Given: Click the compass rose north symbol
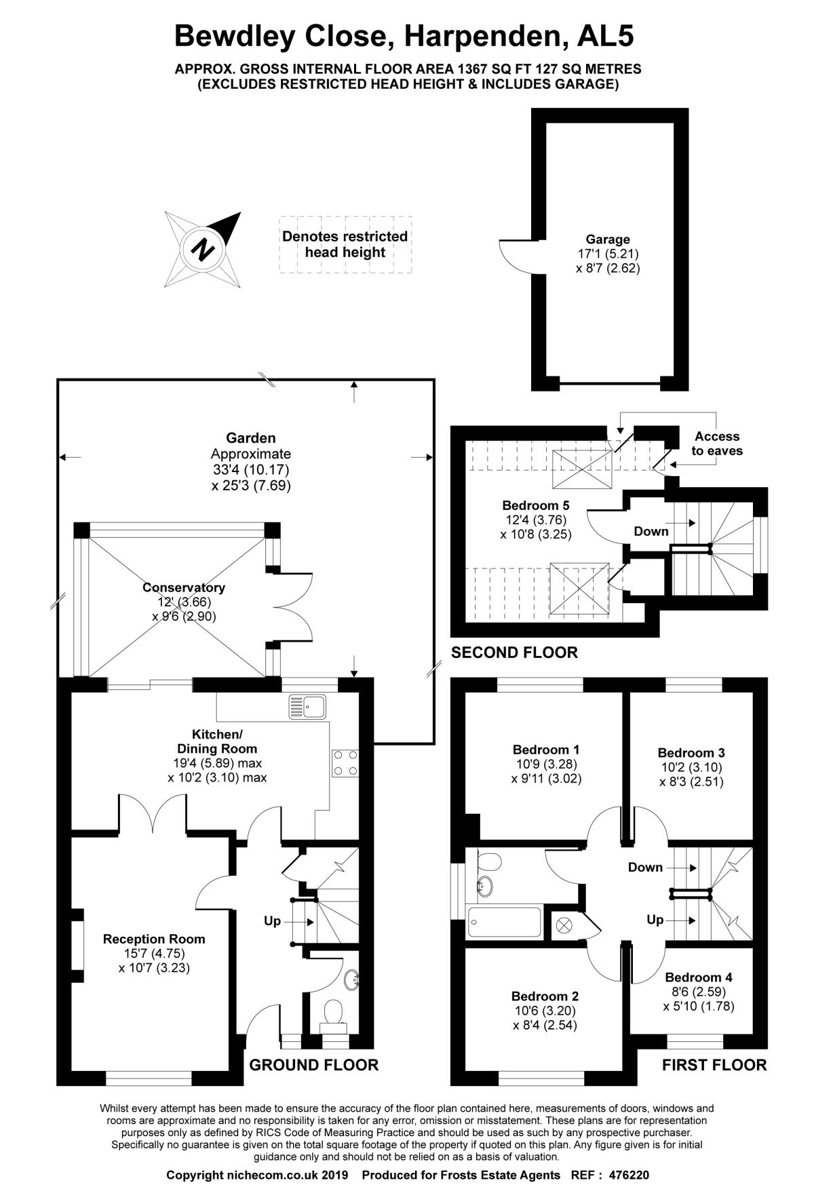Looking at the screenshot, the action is point(202,249).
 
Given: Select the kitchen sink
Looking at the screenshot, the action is point(307,706).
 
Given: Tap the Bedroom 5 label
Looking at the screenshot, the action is point(536,505).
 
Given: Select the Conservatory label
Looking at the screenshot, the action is point(184,587).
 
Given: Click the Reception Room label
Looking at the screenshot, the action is point(154,939).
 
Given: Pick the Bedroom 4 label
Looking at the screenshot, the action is point(699,977).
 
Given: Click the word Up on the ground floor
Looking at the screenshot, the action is point(272,921).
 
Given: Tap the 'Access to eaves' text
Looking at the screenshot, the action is point(716,444).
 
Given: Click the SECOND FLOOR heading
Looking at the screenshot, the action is point(514,653).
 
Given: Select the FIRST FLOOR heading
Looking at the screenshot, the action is point(714,1065).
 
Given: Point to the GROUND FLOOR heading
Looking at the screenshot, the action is point(314,1065).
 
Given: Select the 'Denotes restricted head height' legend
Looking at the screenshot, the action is point(345,244).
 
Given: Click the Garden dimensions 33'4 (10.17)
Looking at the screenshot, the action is point(251,469).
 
